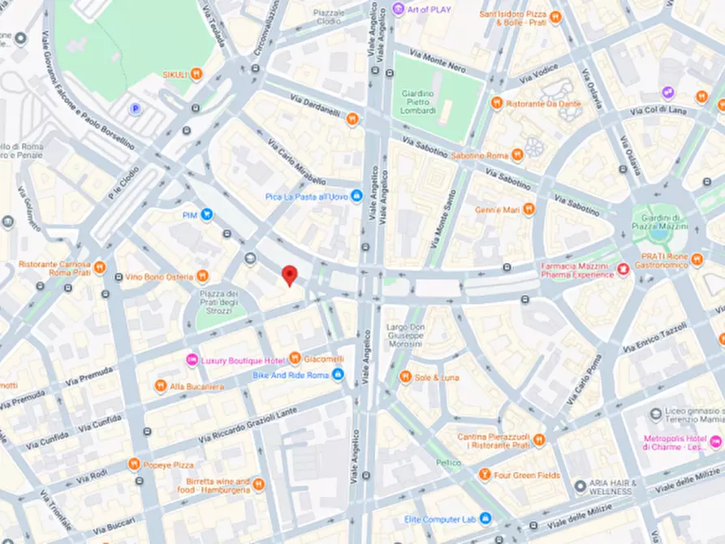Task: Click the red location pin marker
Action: (x=289, y=274)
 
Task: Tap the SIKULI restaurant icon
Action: (x=196, y=74)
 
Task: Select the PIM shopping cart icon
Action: (x=207, y=214)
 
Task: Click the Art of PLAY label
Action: (x=430, y=9)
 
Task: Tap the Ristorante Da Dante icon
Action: (x=496, y=103)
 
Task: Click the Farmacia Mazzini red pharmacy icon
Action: (x=624, y=269)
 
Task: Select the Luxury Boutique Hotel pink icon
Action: (x=192, y=359)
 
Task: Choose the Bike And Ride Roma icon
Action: (x=338, y=374)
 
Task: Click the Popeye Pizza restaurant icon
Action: (x=134, y=464)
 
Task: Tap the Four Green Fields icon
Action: (x=485, y=474)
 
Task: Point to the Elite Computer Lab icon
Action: (x=485, y=518)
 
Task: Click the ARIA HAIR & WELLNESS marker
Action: (x=580, y=486)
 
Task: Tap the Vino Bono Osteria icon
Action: (x=202, y=276)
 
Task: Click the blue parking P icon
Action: (x=136, y=108)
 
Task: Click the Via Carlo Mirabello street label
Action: (x=296, y=162)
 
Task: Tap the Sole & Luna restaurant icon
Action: (x=405, y=377)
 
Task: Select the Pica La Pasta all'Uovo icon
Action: (x=356, y=196)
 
